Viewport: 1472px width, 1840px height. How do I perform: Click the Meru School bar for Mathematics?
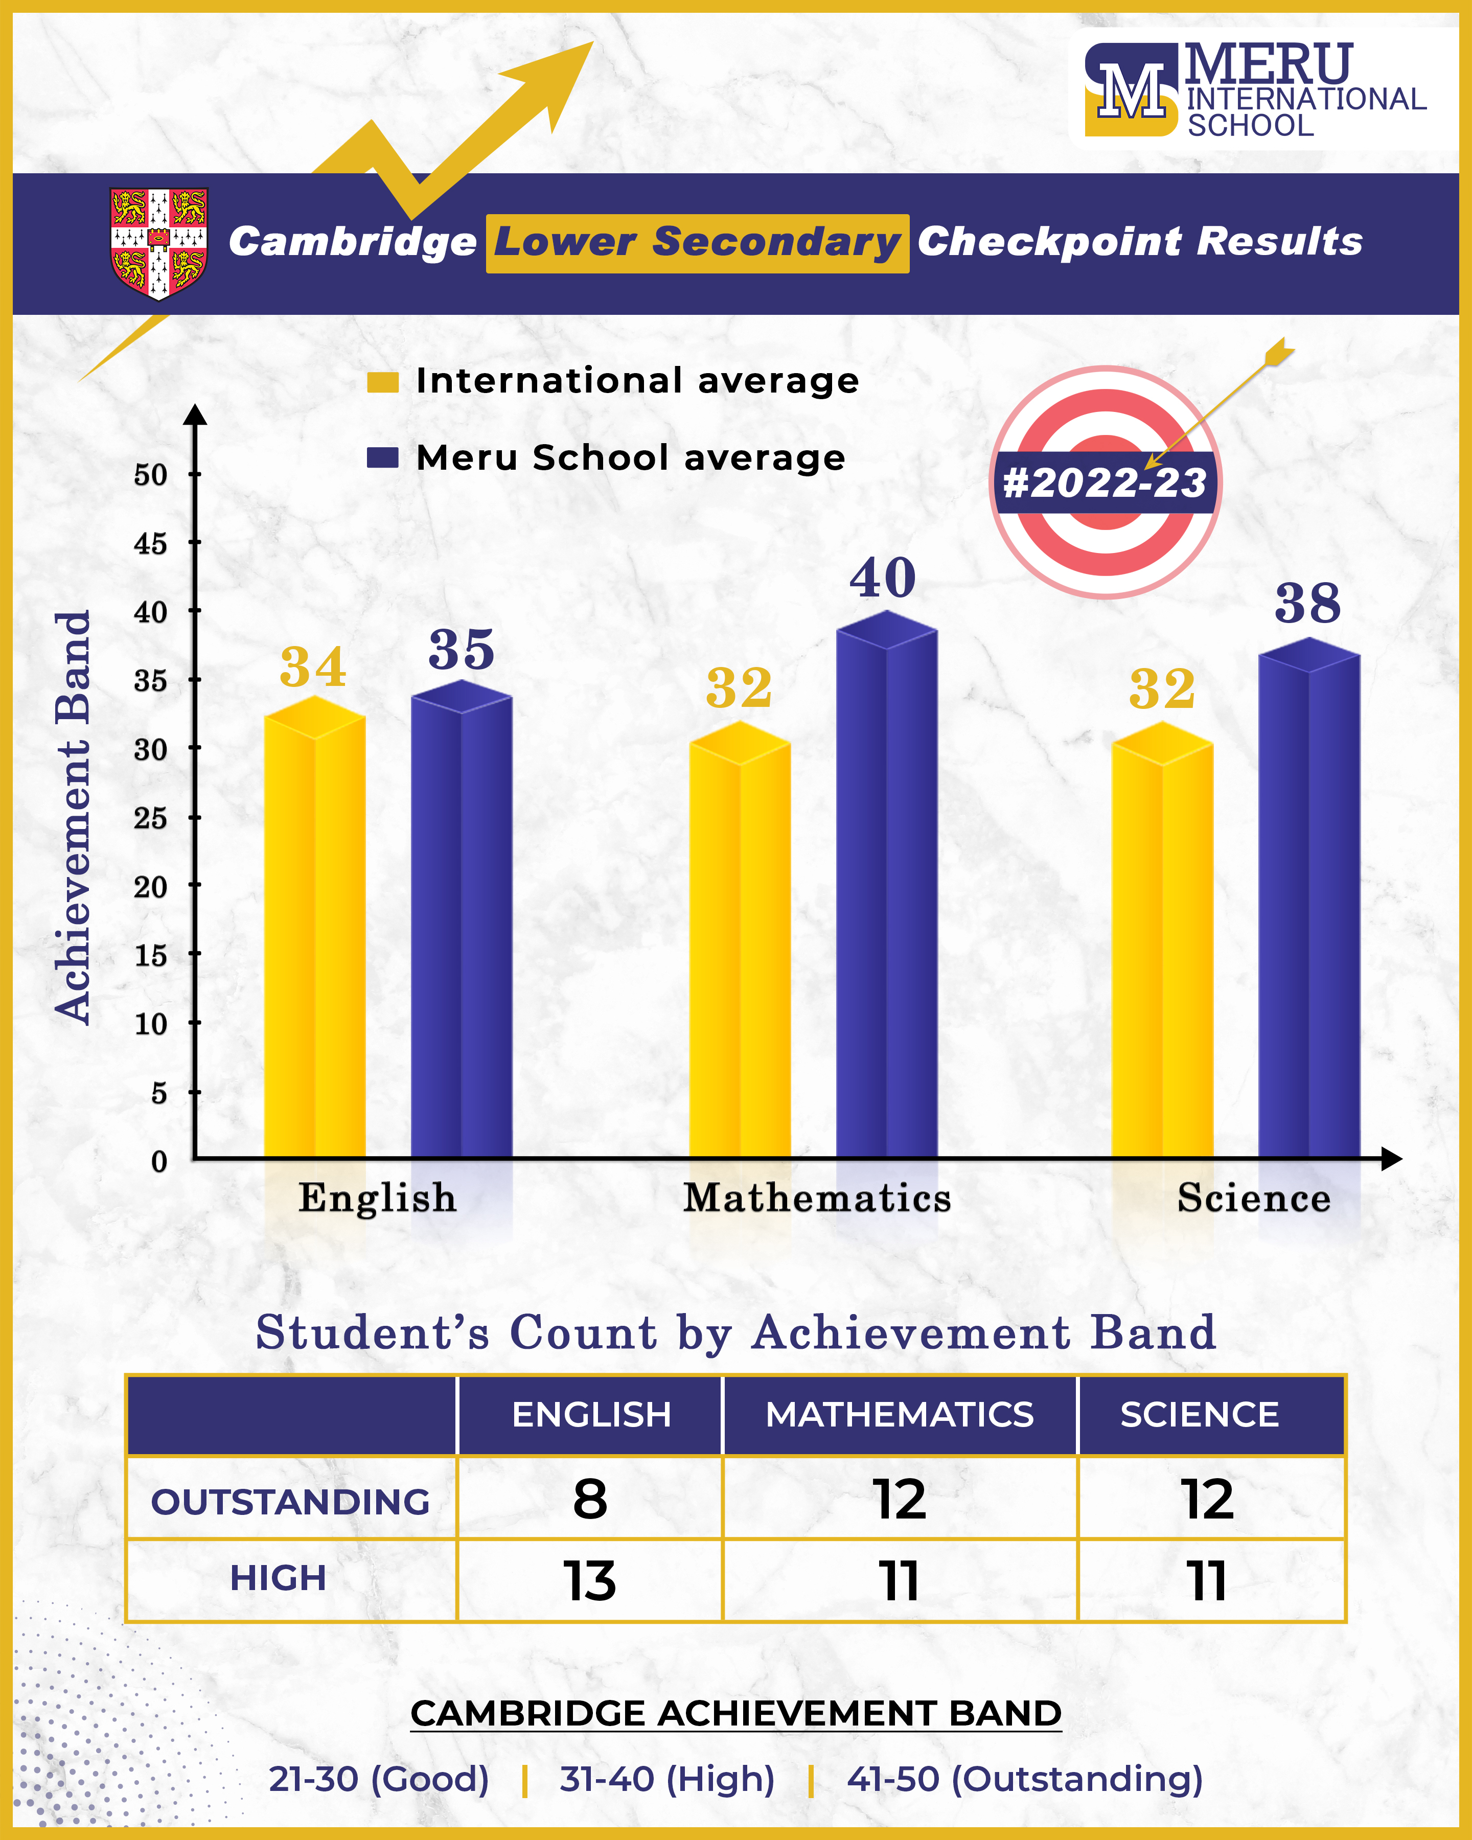(887, 896)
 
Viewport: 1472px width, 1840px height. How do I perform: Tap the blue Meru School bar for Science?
(1309, 913)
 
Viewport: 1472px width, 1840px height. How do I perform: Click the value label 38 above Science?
(1307, 604)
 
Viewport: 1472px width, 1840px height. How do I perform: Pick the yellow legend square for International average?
(382, 381)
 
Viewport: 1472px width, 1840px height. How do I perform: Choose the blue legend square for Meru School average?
(382, 458)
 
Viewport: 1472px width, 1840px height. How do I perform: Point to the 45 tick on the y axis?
(150, 544)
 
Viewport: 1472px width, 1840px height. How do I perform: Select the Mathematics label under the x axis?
(817, 1198)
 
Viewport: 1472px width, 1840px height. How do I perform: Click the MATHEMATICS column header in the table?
(900, 1415)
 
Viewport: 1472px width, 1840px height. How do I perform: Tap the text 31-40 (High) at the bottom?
(666, 1779)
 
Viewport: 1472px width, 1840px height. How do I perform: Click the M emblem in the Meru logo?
(1131, 89)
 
